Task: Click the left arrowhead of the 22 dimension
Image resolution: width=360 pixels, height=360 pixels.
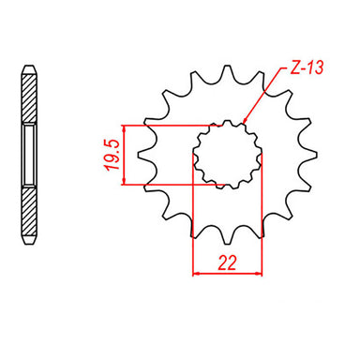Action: click(x=197, y=275)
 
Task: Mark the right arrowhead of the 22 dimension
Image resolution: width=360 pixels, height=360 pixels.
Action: click(x=259, y=275)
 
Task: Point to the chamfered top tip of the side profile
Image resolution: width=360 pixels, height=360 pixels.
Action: click(x=30, y=67)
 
